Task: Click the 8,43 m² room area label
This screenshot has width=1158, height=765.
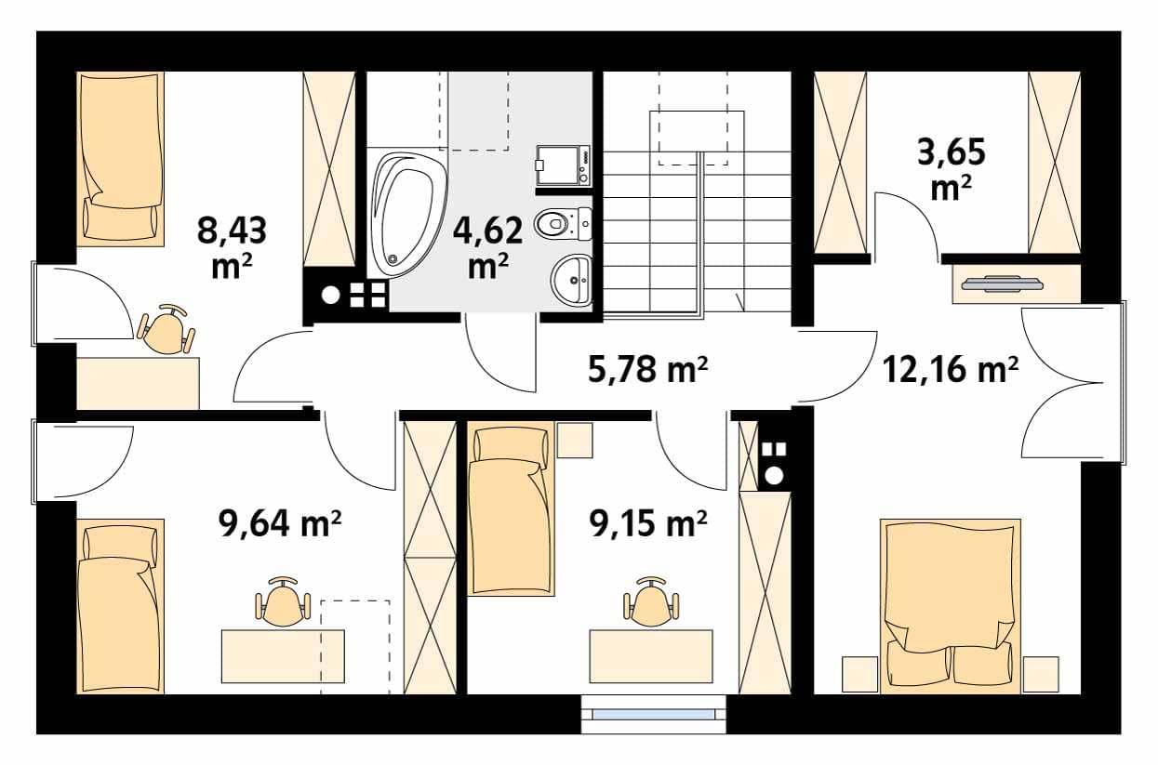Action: click(232, 247)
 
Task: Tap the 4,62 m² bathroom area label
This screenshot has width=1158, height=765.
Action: click(487, 247)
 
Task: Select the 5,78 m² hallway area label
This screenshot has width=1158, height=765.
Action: click(647, 369)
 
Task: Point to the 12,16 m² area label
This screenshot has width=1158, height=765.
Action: click(951, 369)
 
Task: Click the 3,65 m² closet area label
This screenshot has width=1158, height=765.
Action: click(952, 169)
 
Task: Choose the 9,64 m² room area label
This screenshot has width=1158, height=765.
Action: click(280, 523)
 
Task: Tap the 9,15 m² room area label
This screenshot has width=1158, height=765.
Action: click(647, 523)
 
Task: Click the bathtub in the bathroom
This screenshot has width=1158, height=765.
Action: click(408, 215)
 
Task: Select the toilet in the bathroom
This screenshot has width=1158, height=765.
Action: click(563, 224)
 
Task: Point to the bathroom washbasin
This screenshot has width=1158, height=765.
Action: click(571, 280)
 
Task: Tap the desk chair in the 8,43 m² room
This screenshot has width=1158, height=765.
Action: click(166, 329)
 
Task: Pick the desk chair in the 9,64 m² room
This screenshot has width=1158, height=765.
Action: click(283, 601)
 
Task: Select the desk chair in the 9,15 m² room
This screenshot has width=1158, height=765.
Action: click(651, 601)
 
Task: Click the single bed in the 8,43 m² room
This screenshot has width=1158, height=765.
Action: click(121, 159)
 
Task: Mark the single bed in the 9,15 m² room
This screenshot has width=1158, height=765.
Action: click(511, 508)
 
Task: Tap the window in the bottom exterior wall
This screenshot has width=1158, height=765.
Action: click(654, 715)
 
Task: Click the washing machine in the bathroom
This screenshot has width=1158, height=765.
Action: click(563, 165)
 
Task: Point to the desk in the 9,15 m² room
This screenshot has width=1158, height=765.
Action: click(651, 656)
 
